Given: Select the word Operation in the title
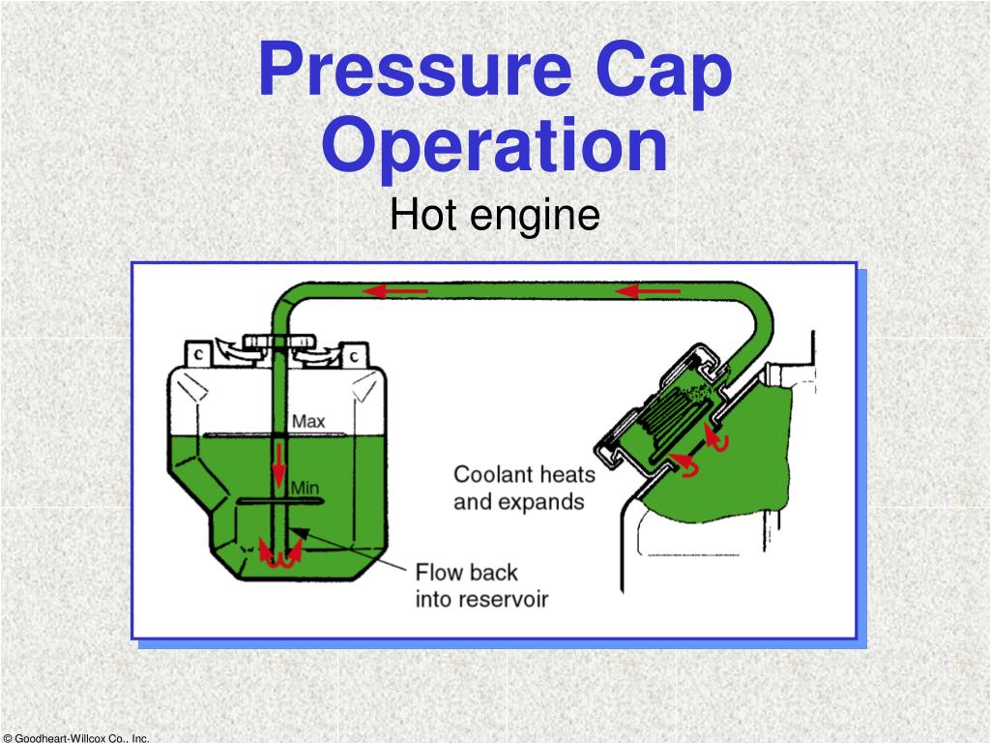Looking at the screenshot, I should pyautogui.click(x=494, y=145).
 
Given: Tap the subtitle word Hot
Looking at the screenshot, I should pyautogui.click(x=424, y=215).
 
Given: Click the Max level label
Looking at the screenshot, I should pyautogui.click(x=308, y=422).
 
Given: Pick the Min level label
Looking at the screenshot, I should pyautogui.click(x=305, y=489).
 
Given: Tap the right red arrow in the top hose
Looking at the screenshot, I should pyautogui.click(x=639, y=290).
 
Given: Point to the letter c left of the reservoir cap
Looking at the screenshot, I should pyautogui.click(x=197, y=354).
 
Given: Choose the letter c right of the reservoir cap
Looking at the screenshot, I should pyautogui.click(x=354, y=355).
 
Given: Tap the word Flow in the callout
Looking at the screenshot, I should pyautogui.click(x=441, y=571).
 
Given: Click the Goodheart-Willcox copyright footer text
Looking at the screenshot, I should pyautogui.click(x=75, y=737).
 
